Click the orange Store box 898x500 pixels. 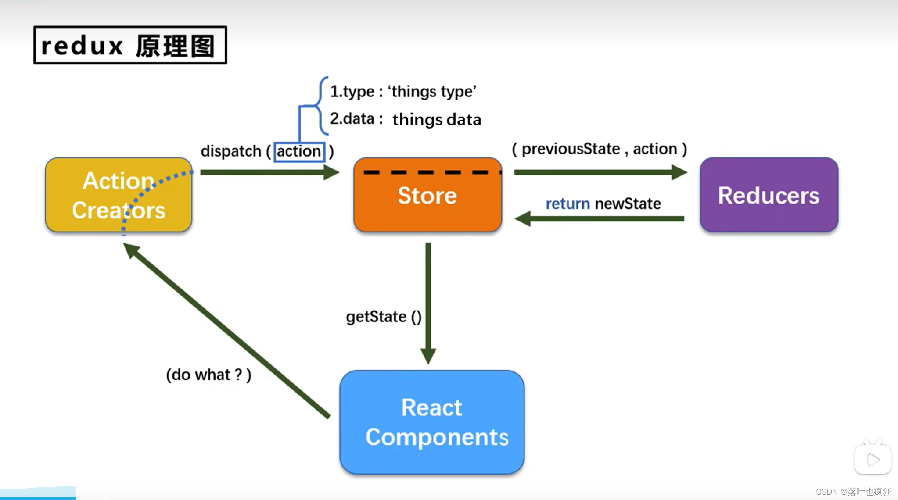click(x=427, y=195)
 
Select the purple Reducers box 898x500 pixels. click(x=769, y=195)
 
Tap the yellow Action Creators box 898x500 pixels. click(x=119, y=195)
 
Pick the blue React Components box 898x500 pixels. click(x=432, y=422)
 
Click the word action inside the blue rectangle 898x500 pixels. click(x=299, y=151)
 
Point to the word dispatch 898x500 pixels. click(x=231, y=151)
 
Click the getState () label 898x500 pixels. click(x=384, y=317)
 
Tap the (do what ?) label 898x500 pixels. click(x=208, y=375)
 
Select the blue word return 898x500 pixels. click(x=568, y=204)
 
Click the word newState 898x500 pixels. click(x=628, y=204)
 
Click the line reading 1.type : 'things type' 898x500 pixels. click(x=403, y=92)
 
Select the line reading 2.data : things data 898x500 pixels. click(x=405, y=119)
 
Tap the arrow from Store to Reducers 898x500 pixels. click(x=600, y=172)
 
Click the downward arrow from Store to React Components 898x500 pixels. click(x=428, y=303)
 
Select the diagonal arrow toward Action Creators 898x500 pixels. click(x=228, y=331)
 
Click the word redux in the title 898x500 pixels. click(x=82, y=46)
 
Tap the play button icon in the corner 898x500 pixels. click(x=873, y=459)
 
